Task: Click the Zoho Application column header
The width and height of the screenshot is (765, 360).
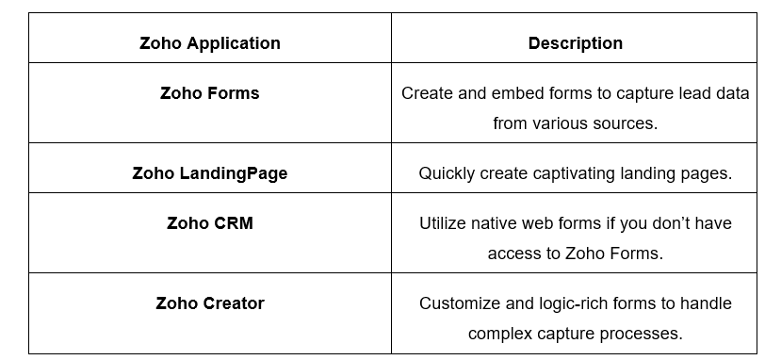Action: (x=209, y=43)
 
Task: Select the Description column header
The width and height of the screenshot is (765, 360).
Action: (x=575, y=43)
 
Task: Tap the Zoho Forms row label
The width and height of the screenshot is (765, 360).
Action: (x=209, y=93)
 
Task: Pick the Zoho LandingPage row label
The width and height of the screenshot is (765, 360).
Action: (x=209, y=173)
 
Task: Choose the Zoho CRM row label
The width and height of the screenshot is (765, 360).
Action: (x=209, y=223)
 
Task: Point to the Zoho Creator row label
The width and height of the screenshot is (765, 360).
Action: (x=209, y=303)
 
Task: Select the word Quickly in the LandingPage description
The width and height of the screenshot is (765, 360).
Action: (x=447, y=173)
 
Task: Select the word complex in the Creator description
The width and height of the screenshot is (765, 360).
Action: (x=500, y=334)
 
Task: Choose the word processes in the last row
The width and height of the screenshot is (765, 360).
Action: (x=643, y=334)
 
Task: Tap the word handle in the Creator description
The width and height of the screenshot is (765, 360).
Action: (x=705, y=303)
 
